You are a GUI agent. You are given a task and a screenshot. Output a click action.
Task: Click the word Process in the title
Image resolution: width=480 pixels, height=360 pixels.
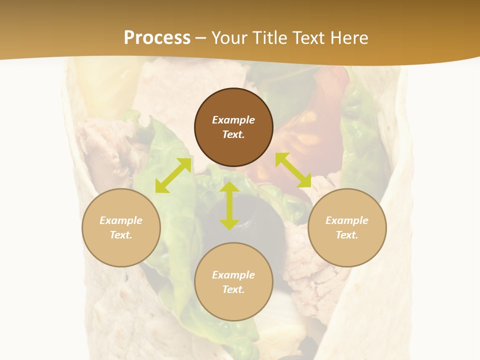click(157, 38)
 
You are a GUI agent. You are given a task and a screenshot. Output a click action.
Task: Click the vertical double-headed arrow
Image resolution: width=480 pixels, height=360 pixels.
click(229, 205)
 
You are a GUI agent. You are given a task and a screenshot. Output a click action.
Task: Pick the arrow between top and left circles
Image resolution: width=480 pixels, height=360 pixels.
click(173, 175)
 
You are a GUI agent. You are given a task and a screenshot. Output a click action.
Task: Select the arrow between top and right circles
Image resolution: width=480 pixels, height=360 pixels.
click(293, 170)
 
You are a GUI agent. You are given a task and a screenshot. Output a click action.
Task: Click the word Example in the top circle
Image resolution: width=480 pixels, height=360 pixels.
click(233, 120)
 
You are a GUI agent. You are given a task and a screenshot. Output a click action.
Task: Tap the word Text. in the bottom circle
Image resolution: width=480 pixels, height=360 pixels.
click(233, 289)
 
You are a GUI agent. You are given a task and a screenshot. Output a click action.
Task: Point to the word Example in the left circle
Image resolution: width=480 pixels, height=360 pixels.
click(121, 220)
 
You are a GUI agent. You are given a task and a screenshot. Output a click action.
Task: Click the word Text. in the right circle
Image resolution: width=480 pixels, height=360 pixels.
click(347, 235)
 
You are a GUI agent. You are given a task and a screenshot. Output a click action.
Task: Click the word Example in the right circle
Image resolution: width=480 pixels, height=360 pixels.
click(347, 220)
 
